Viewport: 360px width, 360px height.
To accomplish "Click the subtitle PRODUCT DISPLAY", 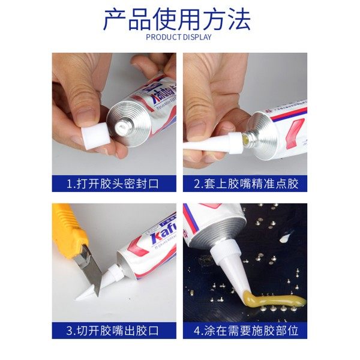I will click(x=179, y=37).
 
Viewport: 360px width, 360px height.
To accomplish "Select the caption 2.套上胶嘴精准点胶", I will click(x=246, y=184).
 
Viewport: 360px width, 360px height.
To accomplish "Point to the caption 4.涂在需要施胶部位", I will click(x=246, y=331).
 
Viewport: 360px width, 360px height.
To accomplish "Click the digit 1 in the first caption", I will click(x=69, y=184).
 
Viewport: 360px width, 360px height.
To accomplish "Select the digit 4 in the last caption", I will click(x=198, y=331).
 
